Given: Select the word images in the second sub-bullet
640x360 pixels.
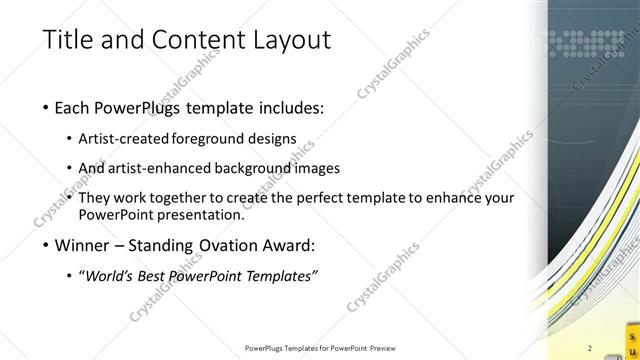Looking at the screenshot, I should point(318,168).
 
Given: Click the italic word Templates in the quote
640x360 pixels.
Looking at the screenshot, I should point(284,275).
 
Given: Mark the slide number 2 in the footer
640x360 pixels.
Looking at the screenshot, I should point(590,348).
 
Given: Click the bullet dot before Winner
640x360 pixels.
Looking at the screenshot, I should point(47,245).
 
